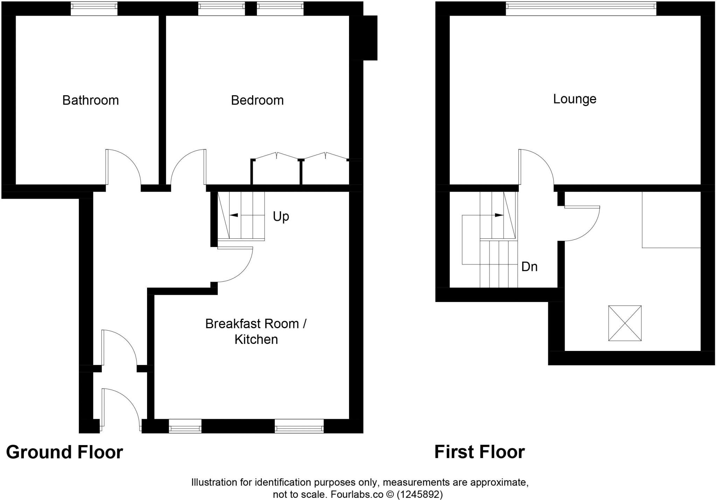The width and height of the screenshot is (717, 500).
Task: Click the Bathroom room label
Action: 90,100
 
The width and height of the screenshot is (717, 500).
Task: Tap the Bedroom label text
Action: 257,100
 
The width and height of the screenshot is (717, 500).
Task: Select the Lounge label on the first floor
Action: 575,99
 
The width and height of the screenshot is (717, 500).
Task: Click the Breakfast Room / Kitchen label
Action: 256,331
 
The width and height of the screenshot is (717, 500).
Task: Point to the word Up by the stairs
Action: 281,217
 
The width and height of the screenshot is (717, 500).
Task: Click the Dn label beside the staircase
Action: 529,267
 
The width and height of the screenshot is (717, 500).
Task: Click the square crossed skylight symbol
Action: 625,323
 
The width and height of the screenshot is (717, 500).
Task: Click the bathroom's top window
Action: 94,9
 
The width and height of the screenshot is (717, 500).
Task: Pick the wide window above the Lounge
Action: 581,9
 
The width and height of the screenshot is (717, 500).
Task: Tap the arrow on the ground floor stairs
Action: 234,215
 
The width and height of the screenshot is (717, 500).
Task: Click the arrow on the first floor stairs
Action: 499,215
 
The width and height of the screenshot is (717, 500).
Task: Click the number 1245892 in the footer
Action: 419,494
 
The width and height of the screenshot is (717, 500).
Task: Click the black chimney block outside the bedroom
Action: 370,38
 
